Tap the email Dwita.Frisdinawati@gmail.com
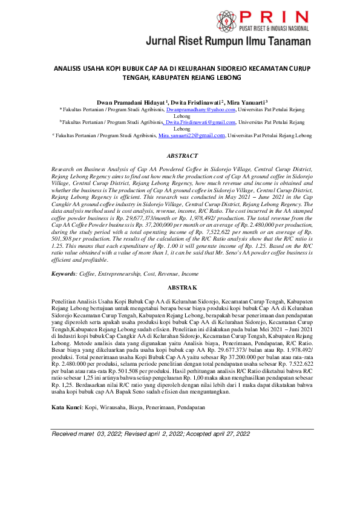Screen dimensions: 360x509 (x=200, y=122)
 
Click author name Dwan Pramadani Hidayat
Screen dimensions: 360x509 (x=131, y=103)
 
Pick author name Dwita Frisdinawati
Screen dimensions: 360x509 (x=197, y=103)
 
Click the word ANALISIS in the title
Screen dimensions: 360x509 (x=71, y=69)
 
